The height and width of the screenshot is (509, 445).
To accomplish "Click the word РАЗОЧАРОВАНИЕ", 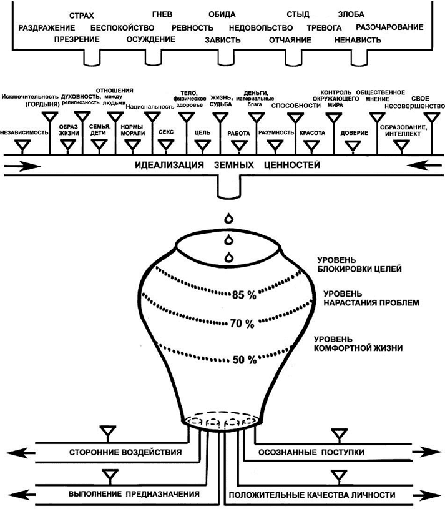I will tap(389, 27).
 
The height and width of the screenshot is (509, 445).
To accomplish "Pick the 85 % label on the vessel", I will tap(243, 295).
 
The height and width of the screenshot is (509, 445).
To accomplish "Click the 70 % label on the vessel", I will tap(242, 324).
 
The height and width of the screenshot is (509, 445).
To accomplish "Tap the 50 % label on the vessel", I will tap(244, 360).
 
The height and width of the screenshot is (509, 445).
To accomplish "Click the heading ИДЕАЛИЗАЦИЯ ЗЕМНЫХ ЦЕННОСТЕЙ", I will tap(228, 166).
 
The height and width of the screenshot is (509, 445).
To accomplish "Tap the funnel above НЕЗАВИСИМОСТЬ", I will tap(23, 147).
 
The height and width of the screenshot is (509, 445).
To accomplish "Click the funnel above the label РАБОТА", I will tap(238, 146).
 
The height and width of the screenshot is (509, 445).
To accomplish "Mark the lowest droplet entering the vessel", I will tap(230, 256).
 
